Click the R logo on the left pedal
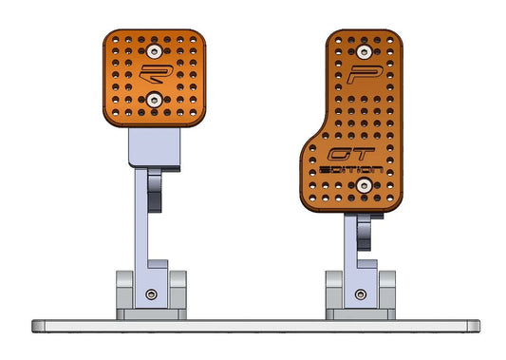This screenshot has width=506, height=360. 152,73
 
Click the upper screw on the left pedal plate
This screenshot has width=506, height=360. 154,48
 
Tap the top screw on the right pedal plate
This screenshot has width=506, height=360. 361,48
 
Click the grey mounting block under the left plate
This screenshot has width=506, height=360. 153,147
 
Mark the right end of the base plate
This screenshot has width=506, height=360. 468,325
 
